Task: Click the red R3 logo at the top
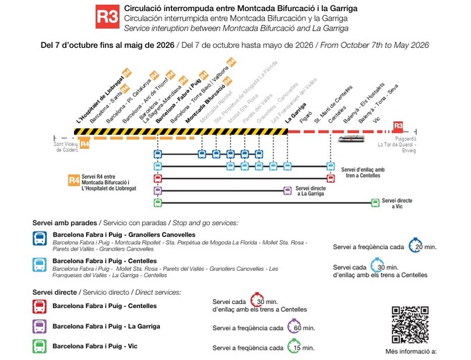pyautogui.click(x=106, y=17)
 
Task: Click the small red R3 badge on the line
pyautogui.click(x=398, y=127)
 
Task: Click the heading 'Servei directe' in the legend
pyautogui.click(x=54, y=292)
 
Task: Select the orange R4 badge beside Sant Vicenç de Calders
pyautogui.click(x=85, y=144)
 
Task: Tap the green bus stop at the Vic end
pyautogui.click(x=375, y=202)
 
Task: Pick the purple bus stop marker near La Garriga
pyautogui.click(x=287, y=190)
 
